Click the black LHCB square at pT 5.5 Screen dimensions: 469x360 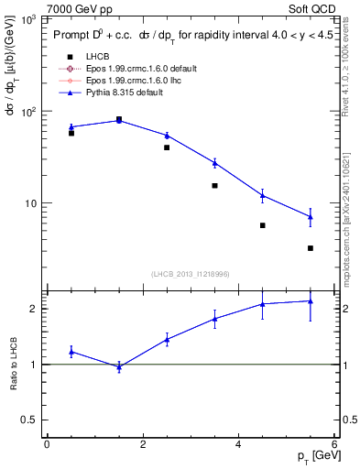click(311, 248)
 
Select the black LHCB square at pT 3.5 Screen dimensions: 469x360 click(214, 186)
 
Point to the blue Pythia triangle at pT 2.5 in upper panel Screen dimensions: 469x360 click(167, 136)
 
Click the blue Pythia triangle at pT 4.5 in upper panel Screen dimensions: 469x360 click(263, 195)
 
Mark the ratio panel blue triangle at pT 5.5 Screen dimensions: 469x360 click(311, 300)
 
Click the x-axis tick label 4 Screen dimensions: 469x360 click(238, 444)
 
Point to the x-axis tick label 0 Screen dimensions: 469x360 click(47, 444)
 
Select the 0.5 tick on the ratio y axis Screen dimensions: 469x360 click(30, 420)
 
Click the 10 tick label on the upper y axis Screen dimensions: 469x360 click(29, 203)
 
